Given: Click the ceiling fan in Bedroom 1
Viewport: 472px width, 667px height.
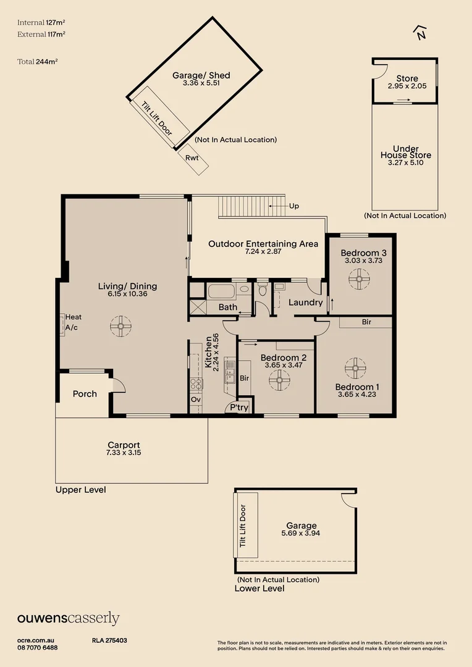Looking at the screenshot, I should point(355,368).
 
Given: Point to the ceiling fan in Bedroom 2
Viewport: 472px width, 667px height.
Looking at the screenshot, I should point(279,381).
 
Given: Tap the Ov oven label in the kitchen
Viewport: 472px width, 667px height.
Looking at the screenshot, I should point(196,400).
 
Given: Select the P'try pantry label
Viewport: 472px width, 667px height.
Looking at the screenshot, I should point(239,408).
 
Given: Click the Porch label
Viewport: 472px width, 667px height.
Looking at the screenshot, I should point(85,393).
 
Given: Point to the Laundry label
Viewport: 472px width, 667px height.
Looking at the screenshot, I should point(306,303).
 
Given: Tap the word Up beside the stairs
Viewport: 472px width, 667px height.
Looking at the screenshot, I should point(294,206).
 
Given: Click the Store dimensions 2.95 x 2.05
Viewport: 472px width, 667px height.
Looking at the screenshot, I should point(407,86).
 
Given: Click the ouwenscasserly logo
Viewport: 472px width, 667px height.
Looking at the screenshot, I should point(68,619).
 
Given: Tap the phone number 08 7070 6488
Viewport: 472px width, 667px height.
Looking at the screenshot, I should point(38,647).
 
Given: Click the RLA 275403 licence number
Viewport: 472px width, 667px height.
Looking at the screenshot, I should point(109,641).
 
